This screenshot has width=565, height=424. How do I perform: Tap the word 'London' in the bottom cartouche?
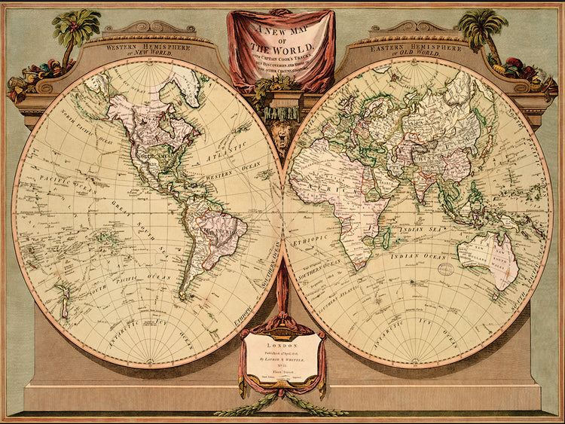pos(282,340)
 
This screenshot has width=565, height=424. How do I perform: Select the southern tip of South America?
pos(183,296)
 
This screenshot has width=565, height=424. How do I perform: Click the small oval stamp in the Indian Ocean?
pos(446,267)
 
